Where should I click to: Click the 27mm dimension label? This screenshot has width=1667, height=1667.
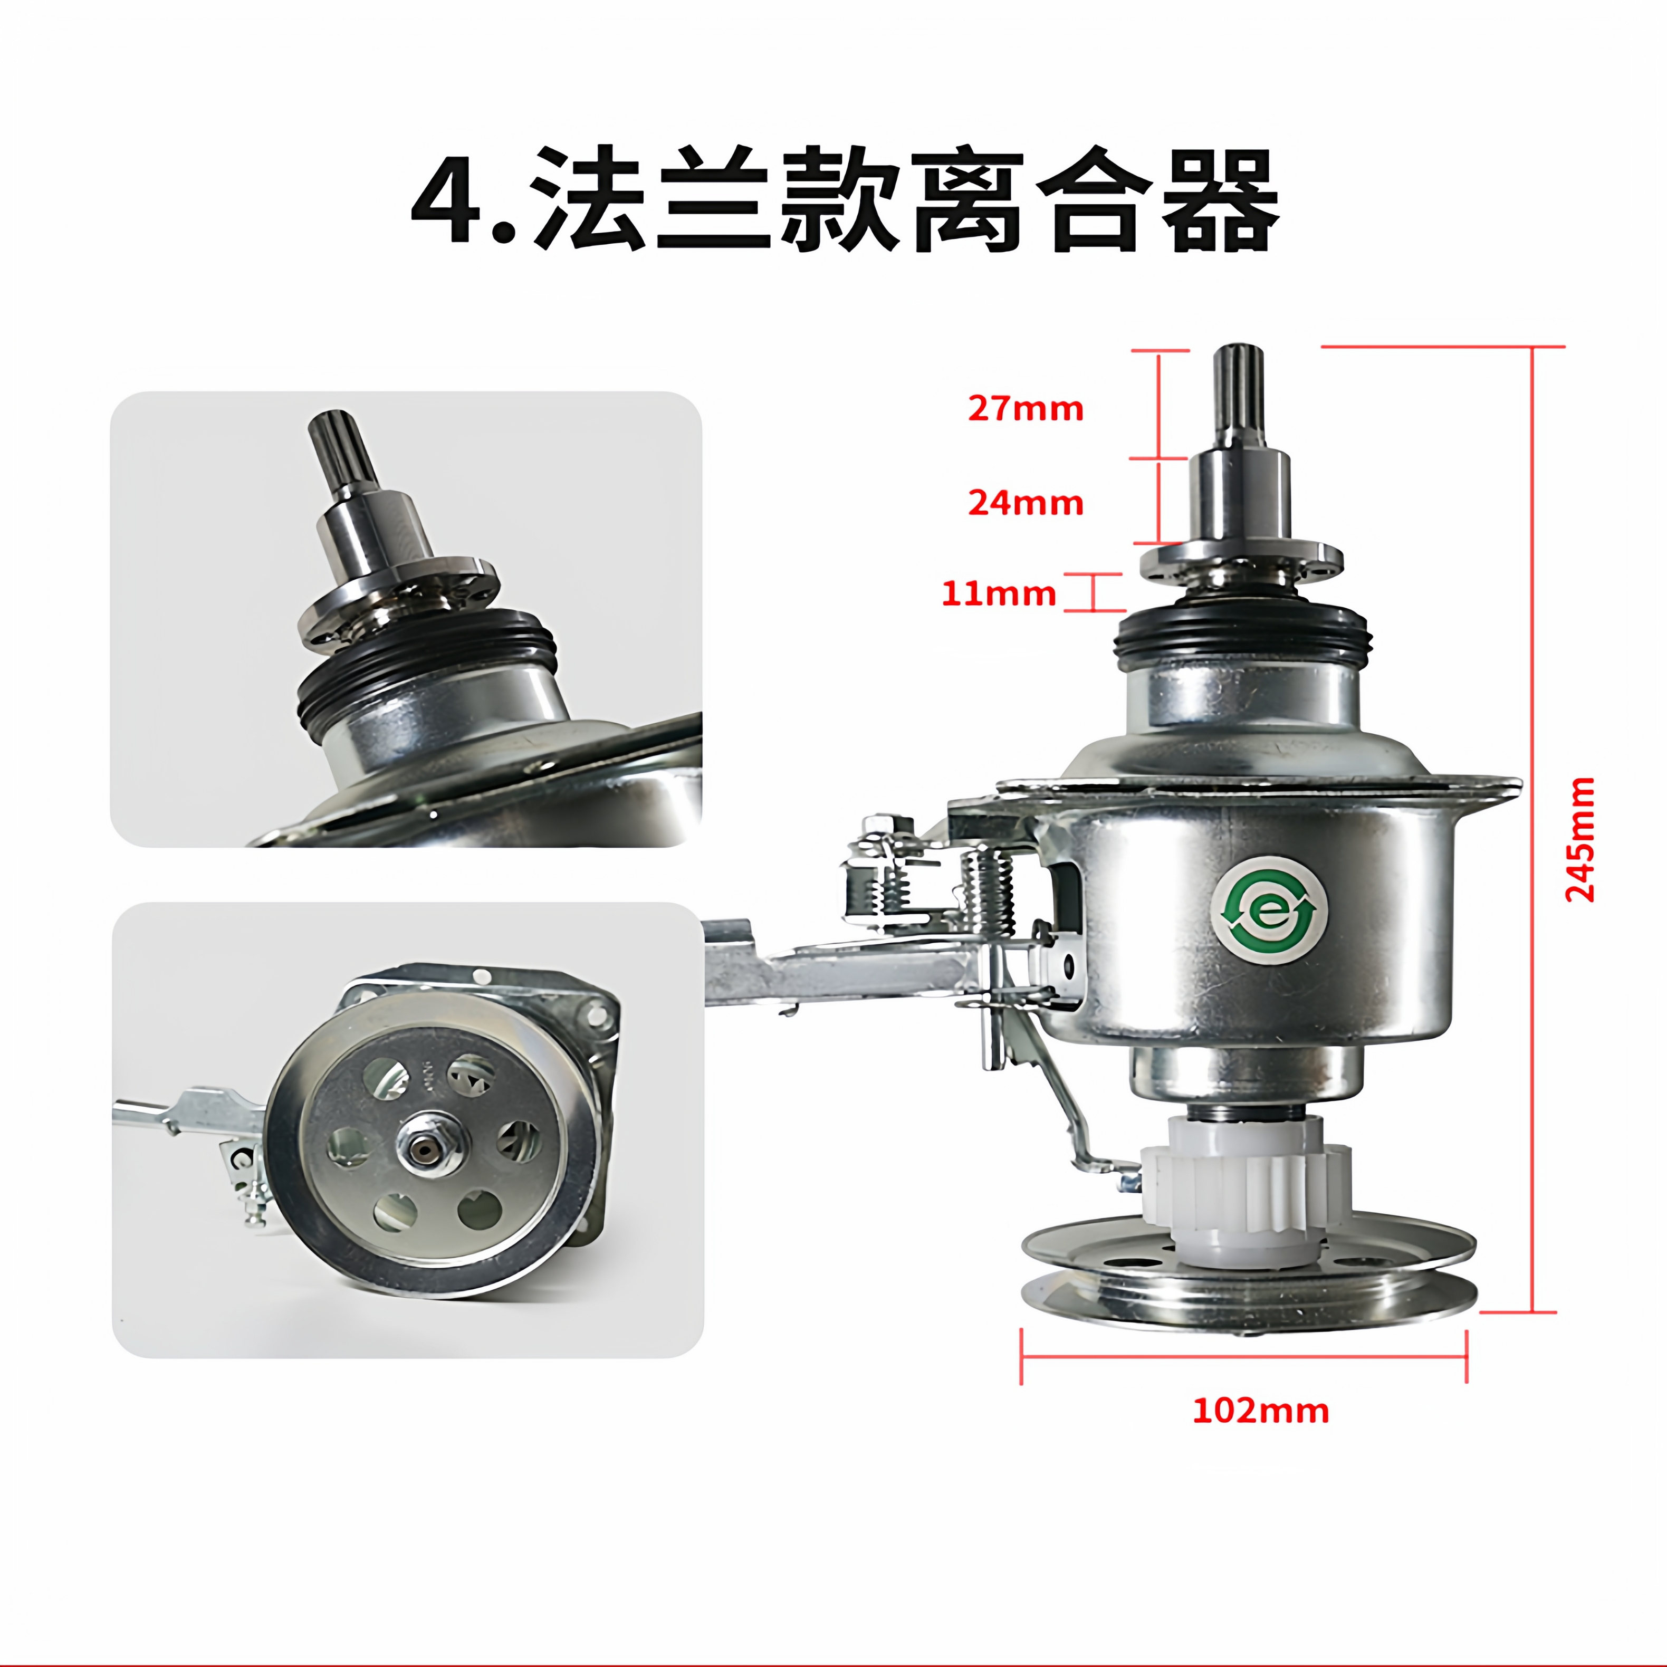coord(1025,408)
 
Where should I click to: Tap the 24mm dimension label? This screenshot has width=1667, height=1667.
coord(1025,502)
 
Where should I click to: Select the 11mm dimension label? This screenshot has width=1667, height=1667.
coord(998,593)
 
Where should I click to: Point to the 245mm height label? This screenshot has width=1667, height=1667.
coord(1580,839)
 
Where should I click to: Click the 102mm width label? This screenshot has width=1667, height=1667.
coord(1261,1410)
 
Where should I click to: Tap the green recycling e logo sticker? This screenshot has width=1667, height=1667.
coord(1268,914)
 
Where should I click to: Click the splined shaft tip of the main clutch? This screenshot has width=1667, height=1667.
coord(1239,388)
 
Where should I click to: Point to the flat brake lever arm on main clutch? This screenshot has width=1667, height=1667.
coord(846,973)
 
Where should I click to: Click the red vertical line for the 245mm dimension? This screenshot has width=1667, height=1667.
coord(1532,828)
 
